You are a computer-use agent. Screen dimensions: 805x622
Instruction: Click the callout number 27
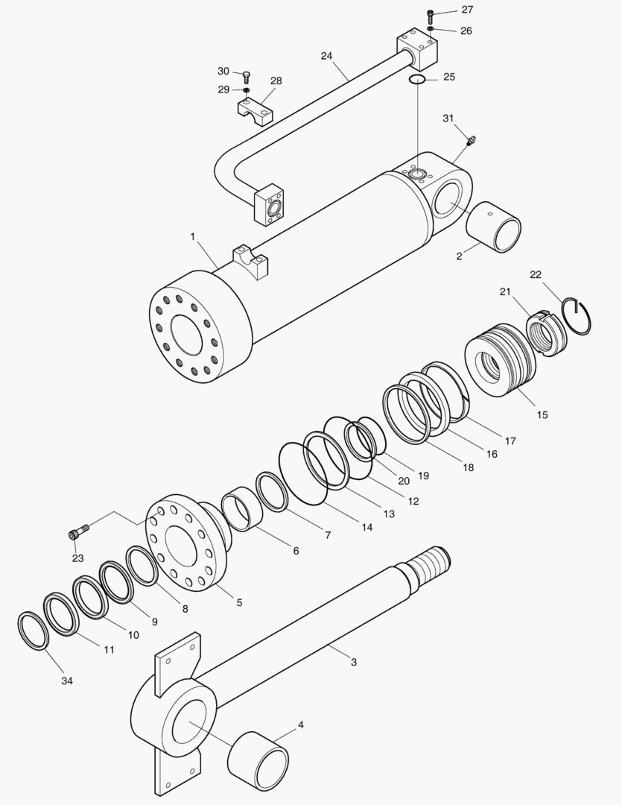pyautogui.click(x=466, y=10)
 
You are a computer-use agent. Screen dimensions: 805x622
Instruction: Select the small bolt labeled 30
pyautogui.click(x=247, y=75)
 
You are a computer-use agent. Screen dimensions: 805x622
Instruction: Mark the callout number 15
pyautogui.click(x=542, y=414)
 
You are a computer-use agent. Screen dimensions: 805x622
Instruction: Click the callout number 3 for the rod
pyautogui.click(x=353, y=662)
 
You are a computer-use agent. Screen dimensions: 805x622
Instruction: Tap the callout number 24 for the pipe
pyautogui.click(x=326, y=56)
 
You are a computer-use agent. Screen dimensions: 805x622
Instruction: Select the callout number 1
pyautogui.click(x=192, y=236)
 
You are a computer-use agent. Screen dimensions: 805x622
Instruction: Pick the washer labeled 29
pyautogui.click(x=247, y=90)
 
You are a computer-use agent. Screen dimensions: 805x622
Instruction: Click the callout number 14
pyautogui.click(x=367, y=527)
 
